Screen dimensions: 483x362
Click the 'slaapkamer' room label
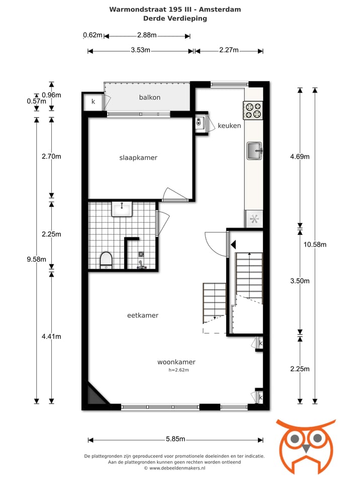[138, 157]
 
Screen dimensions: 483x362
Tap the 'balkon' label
[150, 97]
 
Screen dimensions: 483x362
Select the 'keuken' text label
[229, 125]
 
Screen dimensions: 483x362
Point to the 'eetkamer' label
[143, 315]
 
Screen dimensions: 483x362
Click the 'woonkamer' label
[176, 362]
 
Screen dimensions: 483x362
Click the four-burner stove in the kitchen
[253, 110]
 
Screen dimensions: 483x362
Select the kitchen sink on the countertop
[254, 150]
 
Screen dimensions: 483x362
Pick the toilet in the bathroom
[106, 260]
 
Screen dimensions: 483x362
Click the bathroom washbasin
[122, 209]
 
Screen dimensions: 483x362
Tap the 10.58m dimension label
[315, 245]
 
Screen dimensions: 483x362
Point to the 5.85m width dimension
[175, 439]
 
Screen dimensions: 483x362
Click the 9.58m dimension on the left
[36, 259]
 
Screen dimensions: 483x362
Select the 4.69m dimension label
[300, 156]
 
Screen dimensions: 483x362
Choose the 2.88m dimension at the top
[146, 35]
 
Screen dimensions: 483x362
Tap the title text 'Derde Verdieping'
[175, 18]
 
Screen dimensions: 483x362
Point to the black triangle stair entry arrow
[233, 245]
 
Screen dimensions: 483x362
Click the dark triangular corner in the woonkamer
[96, 395]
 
